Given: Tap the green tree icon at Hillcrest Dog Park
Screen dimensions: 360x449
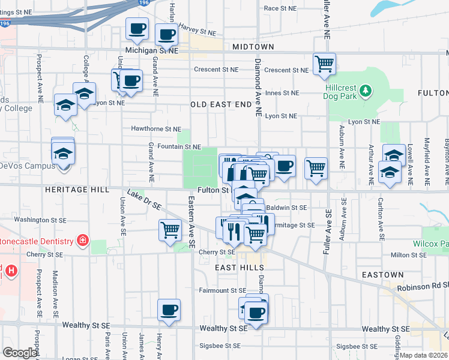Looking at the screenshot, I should coord(365,92).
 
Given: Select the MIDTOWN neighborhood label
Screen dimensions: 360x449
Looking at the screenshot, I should coord(252,47).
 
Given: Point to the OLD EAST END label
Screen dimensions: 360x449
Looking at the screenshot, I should coord(221,104).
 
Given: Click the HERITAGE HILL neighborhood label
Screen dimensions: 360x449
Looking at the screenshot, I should coord(76,190).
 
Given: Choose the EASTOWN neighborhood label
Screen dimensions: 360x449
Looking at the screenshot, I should coord(383,275).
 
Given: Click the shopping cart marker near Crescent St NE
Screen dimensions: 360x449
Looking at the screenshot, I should coord(324,64).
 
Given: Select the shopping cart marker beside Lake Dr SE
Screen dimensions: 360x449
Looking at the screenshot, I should coord(170,229).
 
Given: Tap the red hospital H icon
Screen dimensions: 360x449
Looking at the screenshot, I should coord(11,271).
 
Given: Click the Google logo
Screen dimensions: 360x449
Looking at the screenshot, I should coord(20,353).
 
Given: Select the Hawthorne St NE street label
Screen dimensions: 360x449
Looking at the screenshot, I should coord(156,129).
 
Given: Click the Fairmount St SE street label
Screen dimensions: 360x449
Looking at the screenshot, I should coord(222,290).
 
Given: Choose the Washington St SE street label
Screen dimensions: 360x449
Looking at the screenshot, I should coord(40,220).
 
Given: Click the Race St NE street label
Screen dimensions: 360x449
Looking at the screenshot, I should coord(280,8).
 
